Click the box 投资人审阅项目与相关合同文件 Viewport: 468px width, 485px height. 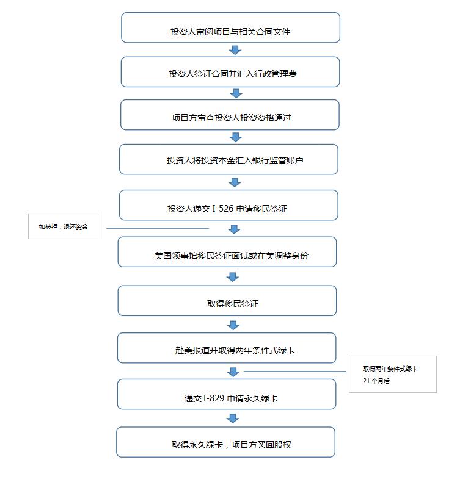(230, 27)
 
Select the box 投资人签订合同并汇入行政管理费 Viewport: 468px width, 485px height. (230, 72)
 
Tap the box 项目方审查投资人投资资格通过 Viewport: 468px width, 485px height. (230, 115)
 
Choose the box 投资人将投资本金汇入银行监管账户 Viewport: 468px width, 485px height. (229, 159)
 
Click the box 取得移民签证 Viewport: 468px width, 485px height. (227, 301)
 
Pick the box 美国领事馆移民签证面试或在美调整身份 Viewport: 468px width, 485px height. (227, 252)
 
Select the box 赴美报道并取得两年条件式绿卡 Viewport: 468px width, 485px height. (227, 348)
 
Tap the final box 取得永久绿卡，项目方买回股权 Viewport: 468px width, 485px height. (226, 442)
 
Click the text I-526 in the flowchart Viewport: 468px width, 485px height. (222, 209)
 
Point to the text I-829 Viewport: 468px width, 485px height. (213, 398)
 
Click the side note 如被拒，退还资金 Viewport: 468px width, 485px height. (63, 226)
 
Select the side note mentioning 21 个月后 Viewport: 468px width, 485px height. (393, 374)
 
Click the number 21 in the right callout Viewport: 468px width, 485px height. (367, 381)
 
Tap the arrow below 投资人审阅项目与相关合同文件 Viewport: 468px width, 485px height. (235, 50)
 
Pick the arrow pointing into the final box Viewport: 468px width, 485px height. (233, 418)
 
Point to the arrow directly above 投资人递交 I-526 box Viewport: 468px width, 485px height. (235, 182)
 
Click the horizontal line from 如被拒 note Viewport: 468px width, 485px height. (158, 228)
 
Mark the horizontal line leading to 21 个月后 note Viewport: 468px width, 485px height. (295, 371)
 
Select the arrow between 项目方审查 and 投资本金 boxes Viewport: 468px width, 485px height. (236, 137)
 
